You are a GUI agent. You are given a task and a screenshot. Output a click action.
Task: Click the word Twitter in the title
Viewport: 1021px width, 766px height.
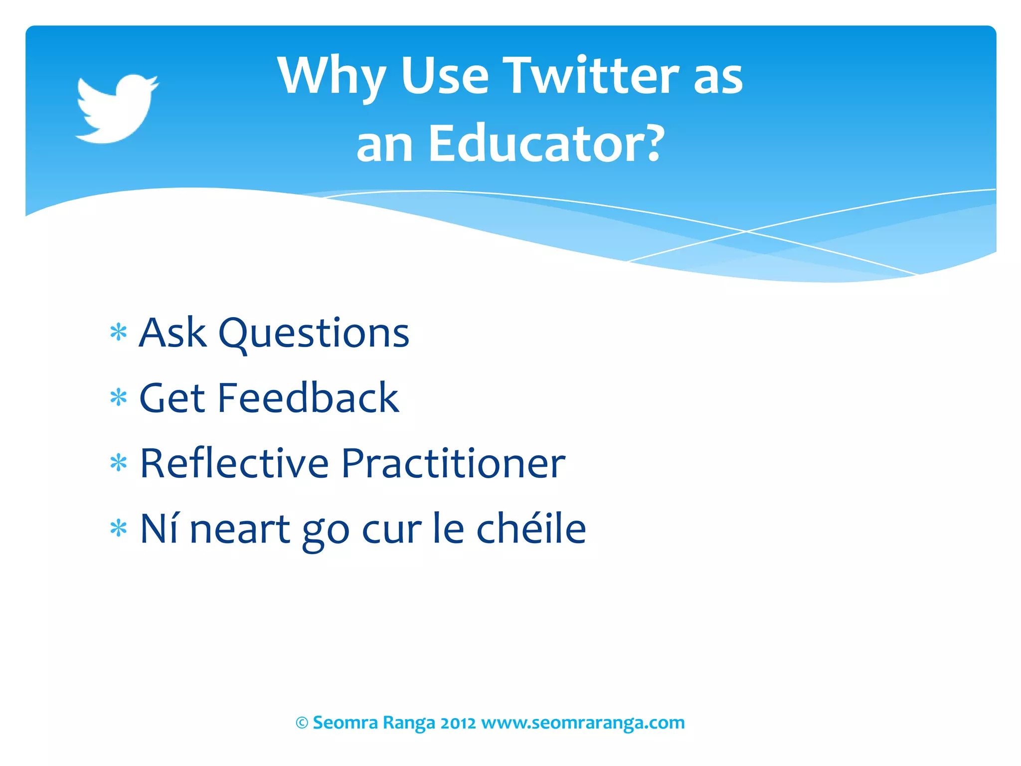coord(590,76)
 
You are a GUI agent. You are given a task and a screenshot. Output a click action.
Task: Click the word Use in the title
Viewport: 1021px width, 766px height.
coord(445,76)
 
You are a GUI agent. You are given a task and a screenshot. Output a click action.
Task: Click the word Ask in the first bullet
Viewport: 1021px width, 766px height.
coord(172,333)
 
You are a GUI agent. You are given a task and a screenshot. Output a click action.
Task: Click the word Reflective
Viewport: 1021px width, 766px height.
coord(234,463)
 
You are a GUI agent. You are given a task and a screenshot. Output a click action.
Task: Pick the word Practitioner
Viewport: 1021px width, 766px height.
coord(453,463)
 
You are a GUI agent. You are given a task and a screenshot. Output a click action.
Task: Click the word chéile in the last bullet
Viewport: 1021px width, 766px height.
coord(531,528)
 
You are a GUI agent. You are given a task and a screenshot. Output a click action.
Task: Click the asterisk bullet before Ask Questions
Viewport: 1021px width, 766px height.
coord(119,332)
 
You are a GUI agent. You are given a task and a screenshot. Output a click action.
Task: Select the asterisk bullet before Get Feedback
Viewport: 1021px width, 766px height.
coord(119,397)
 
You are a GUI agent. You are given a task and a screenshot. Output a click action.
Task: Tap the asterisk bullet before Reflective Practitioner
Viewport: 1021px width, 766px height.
coord(119,463)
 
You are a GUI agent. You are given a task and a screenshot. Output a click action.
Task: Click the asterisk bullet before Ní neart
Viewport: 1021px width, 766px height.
coord(119,528)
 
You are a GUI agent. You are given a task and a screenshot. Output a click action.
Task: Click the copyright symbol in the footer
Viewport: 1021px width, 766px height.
coord(302,723)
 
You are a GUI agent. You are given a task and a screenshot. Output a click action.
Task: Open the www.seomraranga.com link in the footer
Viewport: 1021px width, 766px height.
coord(583,723)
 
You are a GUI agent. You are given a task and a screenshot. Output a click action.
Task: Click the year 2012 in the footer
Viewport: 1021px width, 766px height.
coord(458,723)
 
